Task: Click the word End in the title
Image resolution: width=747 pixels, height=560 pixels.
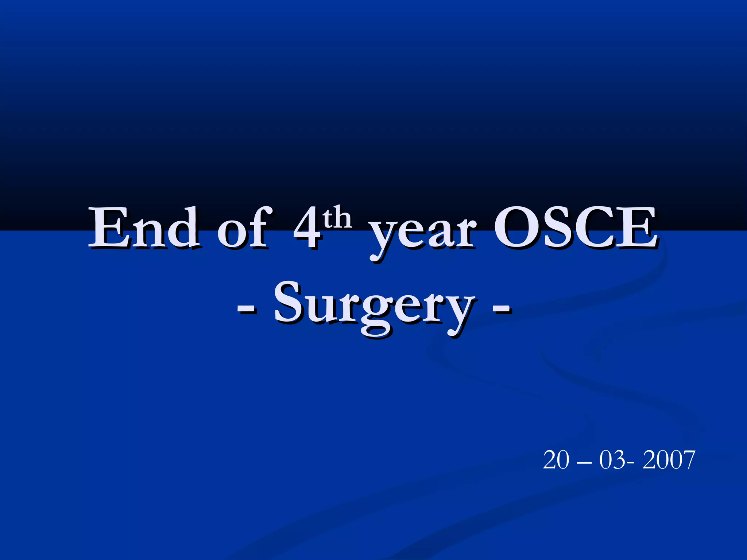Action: [144, 228]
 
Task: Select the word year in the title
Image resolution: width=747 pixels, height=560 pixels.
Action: [423, 233]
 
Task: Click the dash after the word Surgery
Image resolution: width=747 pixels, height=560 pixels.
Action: [502, 308]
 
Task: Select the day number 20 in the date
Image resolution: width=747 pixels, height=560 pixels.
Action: [556, 460]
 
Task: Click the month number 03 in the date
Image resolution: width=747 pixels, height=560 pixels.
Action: [612, 460]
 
